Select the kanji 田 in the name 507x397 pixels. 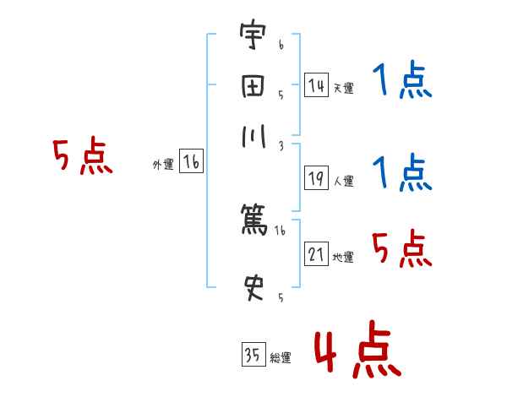coord(253,89)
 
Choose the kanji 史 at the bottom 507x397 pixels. coord(253,287)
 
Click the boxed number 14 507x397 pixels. coord(316,84)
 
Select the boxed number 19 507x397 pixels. coord(316,177)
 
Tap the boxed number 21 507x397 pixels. coord(316,254)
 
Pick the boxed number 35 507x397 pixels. coord(253,355)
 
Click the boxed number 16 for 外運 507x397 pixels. coord(191,162)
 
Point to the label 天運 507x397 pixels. coord(343,88)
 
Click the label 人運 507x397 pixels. coord(343,181)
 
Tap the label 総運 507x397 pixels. coord(280,358)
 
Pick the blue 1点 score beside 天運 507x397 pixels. coord(402,82)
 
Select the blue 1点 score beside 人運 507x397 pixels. coord(402,173)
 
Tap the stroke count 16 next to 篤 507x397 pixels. coord(280,230)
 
